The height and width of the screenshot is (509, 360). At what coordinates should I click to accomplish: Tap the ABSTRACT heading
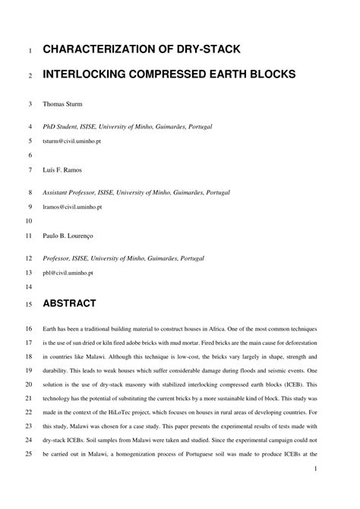pos(69,304)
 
